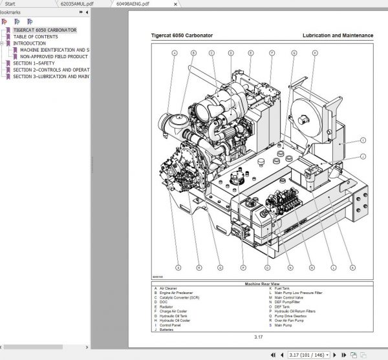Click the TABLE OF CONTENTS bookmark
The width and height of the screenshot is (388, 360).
click(35, 37)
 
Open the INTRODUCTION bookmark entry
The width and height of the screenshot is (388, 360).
click(30, 43)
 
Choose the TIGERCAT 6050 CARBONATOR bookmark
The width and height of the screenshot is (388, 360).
click(44, 30)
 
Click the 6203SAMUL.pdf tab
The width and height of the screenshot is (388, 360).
click(76, 4)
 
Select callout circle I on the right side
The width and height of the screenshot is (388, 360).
click(363, 140)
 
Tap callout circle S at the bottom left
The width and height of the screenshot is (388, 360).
click(177, 268)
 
